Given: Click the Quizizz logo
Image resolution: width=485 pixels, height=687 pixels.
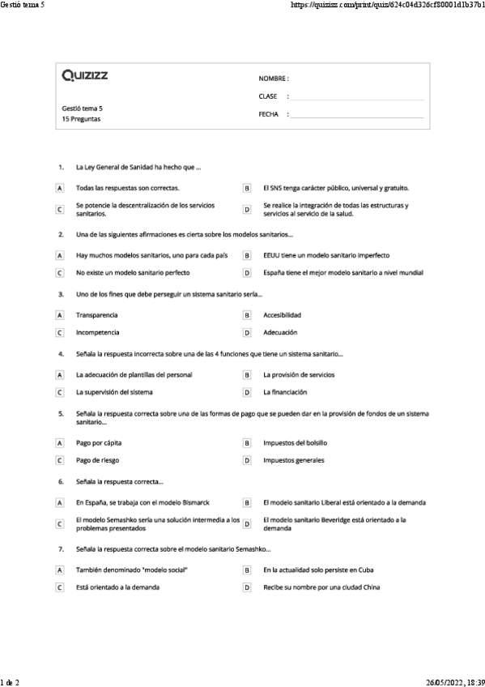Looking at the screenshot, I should pyautogui.click(x=85, y=76).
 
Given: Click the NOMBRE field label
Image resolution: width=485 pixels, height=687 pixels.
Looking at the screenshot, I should pyautogui.click(x=273, y=79).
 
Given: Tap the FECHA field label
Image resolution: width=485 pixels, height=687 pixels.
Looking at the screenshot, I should pyautogui.click(x=268, y=114).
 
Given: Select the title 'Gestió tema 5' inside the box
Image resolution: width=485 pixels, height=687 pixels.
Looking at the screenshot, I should pyautogui.click(x=82, y=108).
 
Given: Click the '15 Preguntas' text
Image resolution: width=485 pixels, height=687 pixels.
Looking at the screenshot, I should pyautogui.click(x=81, y=118).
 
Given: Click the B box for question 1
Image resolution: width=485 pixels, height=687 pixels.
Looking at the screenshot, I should pyautogui.click(x=247, y=187).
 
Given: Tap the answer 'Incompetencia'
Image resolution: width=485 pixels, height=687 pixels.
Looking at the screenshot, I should pyautogui.click(x=97, y=332).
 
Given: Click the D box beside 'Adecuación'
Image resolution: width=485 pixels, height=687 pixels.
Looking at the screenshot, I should pyautogui.click(x=247, y=332).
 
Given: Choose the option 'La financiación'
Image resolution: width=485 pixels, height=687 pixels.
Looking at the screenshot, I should pyautogui.click(x=285, y=392).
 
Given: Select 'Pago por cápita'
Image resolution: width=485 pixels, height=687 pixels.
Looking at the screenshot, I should pyautogui.click(x=100, y=443).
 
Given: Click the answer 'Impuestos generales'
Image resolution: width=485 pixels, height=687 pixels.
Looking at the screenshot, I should pyautogui.click(x=294, y=460).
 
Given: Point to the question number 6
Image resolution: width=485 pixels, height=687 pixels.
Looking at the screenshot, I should pyautogui.click(x=61, y=481).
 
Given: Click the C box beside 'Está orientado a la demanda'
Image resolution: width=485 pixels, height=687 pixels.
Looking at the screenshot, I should pyautogui.click(x=59, y=587).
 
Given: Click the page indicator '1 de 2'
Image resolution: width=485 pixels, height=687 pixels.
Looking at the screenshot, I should pyautogui.click(x=10, y=681).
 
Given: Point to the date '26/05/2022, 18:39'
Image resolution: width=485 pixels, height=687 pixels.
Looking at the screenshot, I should pyautogui.click(x=454, y=681).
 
